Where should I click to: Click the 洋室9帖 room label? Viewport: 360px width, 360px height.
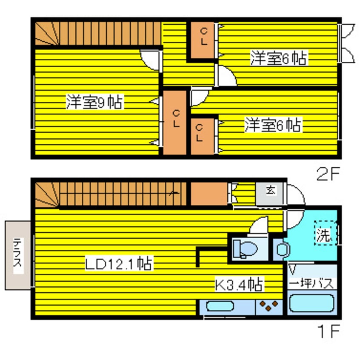pos(94,103)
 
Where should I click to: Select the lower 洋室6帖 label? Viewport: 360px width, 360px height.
pos(273,125)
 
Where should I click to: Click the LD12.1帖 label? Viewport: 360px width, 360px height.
pos(119,264)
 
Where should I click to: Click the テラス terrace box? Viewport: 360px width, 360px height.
pos(17,255)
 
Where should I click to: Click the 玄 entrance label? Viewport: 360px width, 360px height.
pos(270,190)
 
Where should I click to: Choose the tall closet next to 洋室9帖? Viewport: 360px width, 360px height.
pos(175,121)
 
